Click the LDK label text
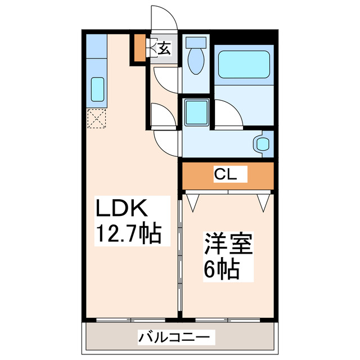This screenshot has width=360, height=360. pos(121,209)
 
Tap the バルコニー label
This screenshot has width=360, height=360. pos(177,337)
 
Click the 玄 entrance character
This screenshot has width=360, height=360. pos(164,48)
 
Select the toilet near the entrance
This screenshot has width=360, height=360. pos(197,56)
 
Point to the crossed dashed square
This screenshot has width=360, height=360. pos(96,119)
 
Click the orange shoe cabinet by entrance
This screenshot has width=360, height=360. pos(139,48)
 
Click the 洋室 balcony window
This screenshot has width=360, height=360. pos(228,320)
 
